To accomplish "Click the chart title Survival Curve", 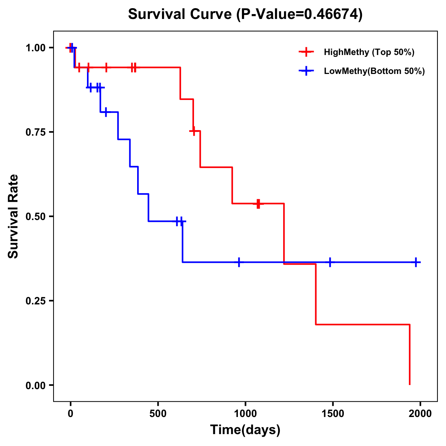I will point(245,14).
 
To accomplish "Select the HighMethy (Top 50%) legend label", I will point(369,52).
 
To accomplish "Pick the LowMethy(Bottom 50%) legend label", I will point(374,71).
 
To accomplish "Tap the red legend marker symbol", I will point(306,52).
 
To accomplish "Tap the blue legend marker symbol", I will point(306,71).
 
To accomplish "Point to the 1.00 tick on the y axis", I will point(35,48).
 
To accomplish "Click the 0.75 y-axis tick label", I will point(35,132).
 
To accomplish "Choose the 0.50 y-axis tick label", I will point(35,217).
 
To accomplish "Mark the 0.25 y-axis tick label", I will point(35,301).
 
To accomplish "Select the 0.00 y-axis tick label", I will point(35,385).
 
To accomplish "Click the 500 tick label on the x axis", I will point(158,414).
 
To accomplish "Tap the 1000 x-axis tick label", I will point(245,414).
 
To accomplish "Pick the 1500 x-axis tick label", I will point(333,414).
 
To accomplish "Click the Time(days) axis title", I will point(245,430).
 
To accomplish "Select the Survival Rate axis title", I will point(13,216).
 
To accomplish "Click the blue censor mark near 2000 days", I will point(416,262).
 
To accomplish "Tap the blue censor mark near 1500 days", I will point(330,262).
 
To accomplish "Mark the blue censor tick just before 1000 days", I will point(239,262).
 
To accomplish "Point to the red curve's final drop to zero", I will point(410,355).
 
